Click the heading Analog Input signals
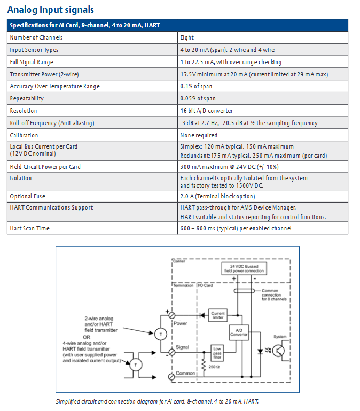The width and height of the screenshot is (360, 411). click(51, 9)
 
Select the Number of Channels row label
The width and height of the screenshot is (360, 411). click(36, 37)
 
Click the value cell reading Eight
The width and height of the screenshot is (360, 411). click(187, 37)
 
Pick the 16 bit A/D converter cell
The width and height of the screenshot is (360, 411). click(206, 111)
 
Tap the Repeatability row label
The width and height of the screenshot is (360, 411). click(27, 98)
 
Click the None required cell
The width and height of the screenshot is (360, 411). click(199, 135)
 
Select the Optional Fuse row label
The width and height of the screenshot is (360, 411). click(28, 196)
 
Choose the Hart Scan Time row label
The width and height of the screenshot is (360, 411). click(29, 228)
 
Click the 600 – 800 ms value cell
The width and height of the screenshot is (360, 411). click(236, 228)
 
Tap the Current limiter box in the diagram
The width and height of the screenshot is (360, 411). click(218, 315)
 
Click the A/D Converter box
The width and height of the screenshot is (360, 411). click(239, 332)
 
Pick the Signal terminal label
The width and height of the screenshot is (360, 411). click(182, 347)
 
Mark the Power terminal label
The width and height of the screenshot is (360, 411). click(181, 323)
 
